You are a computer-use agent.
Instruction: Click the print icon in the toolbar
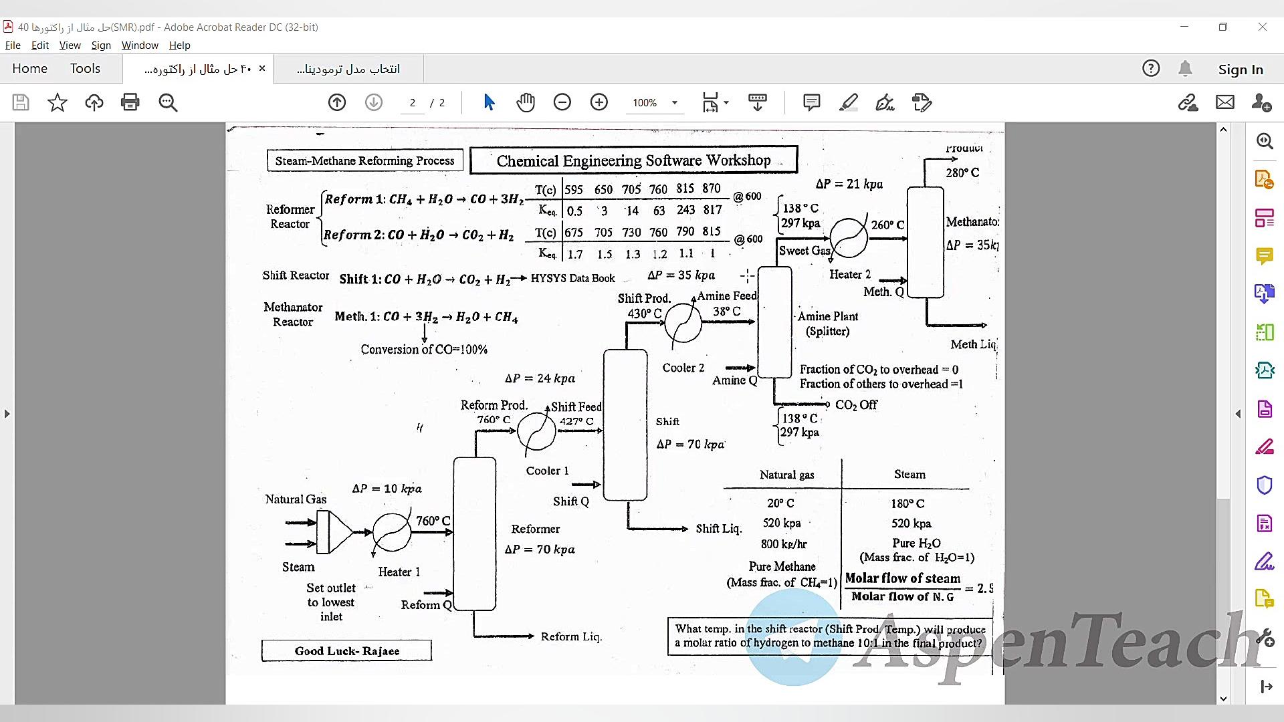tap(130, 102)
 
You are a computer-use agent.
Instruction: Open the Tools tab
tap(85, 68)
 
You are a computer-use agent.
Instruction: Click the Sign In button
tap(1240, 69)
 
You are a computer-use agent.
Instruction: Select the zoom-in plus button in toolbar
tap(599, 102)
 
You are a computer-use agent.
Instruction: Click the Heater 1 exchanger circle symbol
tap(392, 532)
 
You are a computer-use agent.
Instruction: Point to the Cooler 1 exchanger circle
tap(536, 431)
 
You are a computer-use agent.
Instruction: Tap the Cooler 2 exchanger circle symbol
tap(683, 322)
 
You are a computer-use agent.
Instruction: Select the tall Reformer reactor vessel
tap(474, 533)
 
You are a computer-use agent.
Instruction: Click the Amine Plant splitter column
tap(774, 322)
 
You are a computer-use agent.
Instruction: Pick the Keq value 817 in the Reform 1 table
tap(712, 210)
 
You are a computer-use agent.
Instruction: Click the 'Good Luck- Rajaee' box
tap(346, 650)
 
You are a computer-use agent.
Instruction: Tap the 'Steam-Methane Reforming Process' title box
tap(364, 160)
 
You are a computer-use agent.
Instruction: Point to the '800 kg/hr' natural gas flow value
tap(783, 544)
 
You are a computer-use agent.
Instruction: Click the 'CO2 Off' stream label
tap(856, 404)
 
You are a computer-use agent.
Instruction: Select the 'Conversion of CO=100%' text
tap(424, 349)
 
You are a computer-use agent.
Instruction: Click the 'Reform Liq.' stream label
tap(571, 636)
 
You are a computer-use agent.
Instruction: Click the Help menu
tap(179, 45)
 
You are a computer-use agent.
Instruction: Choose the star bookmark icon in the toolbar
tap(58, 102)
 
